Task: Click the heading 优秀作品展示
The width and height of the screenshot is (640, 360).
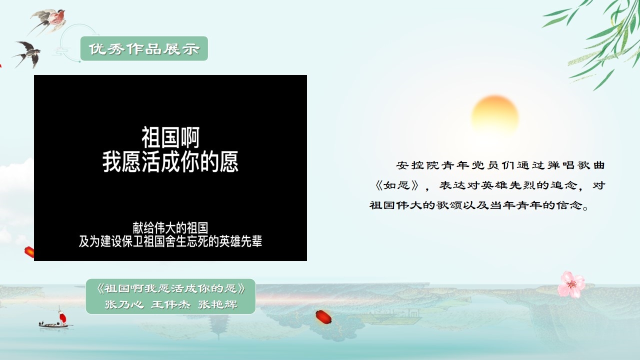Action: (x=144, y=49)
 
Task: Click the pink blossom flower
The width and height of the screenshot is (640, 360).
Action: (x=571, y=284)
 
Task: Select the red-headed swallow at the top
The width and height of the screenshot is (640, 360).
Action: (x=48, y=20)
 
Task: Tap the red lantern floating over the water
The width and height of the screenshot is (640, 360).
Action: (x=323, y=317)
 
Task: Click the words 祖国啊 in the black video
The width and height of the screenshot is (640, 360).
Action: (x=170, y=137)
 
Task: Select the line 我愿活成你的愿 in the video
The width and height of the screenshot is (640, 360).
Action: (x=170, y=161)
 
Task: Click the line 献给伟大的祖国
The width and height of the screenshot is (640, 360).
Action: (x=170, y=227)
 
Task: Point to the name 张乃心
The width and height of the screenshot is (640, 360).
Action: (x=124, y=304)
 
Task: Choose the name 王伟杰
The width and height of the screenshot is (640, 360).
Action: (x=170, y=304)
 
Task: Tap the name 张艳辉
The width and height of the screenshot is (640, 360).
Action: (x=217, y=304)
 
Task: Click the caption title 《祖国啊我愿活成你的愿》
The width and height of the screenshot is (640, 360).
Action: (x=170, y=288)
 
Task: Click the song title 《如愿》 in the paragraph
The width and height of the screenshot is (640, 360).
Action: (x=397, y=185)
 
